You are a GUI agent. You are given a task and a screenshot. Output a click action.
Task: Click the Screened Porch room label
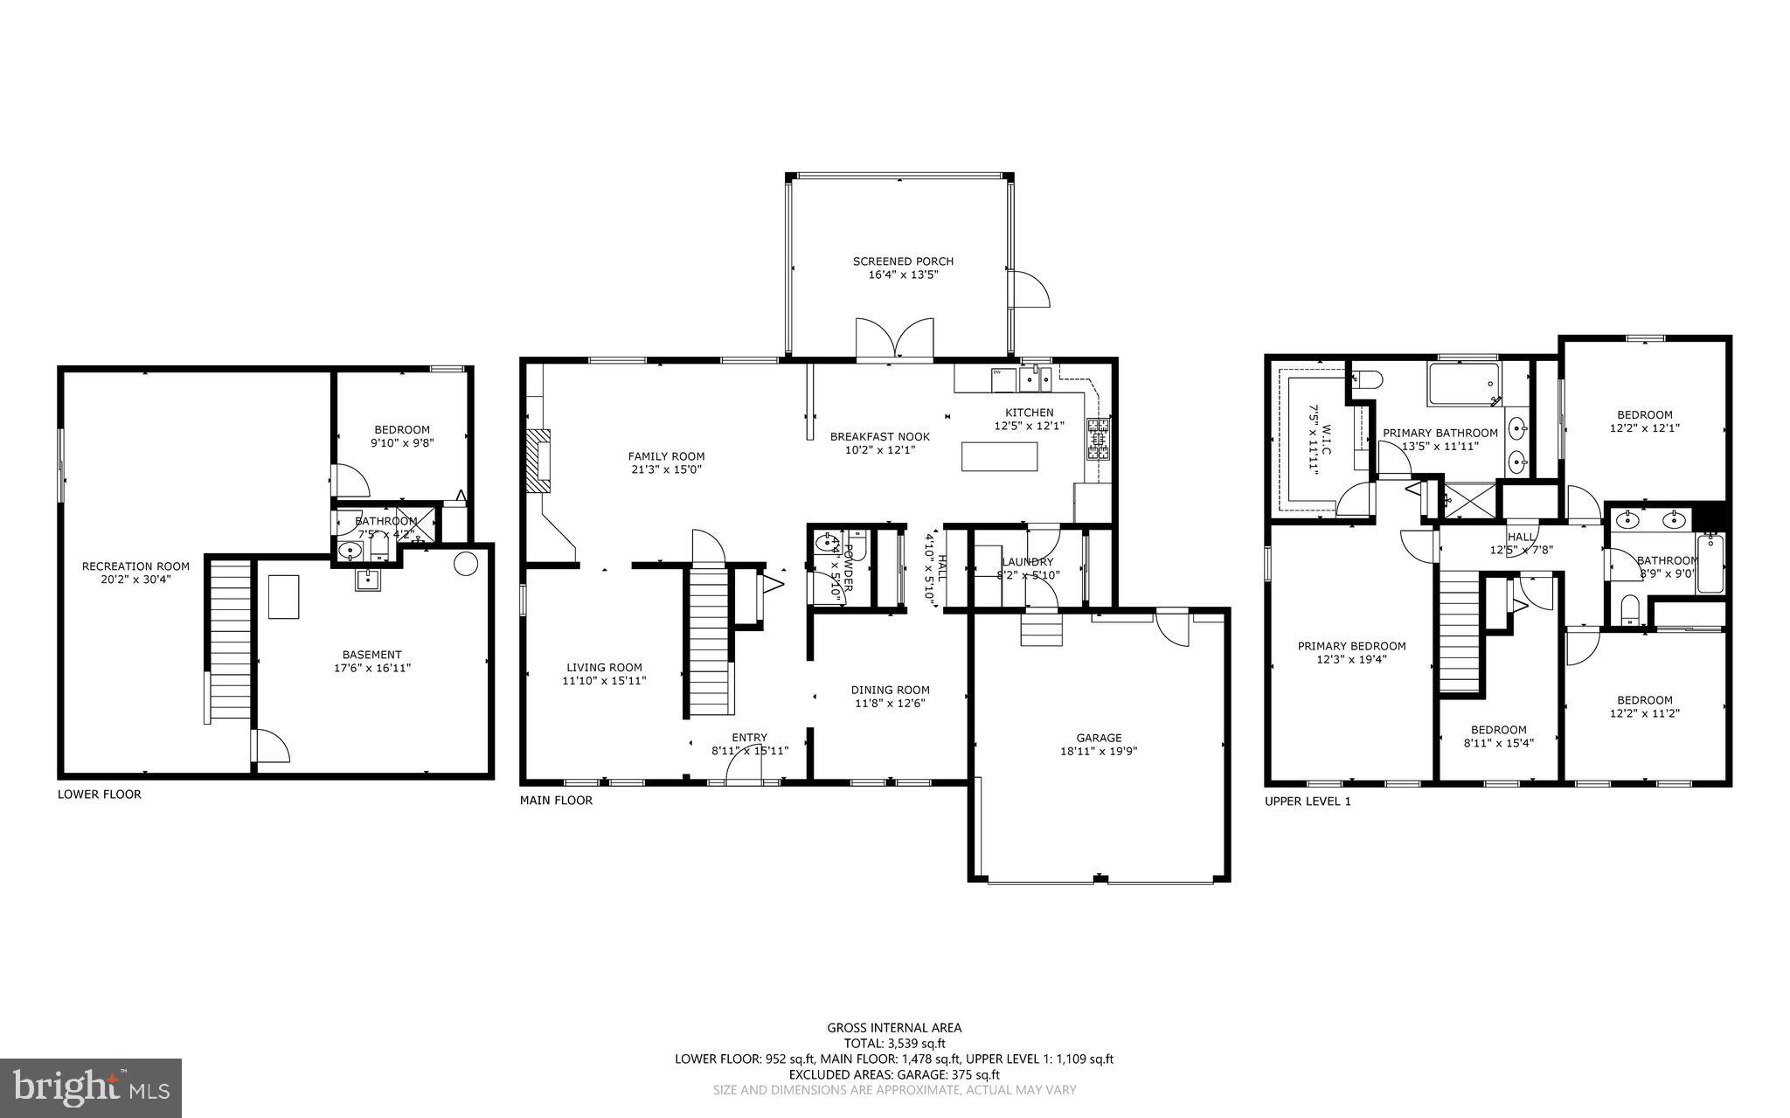903,261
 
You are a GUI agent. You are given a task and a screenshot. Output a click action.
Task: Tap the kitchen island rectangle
1000,457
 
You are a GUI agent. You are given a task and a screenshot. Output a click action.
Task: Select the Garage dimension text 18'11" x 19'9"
1098,751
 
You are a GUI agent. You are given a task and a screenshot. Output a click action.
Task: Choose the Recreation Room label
135,566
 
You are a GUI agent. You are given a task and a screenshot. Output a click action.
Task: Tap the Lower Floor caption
99,795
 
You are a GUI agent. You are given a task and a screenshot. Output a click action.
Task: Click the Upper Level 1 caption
1308,801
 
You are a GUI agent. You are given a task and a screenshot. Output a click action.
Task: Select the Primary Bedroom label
1351,646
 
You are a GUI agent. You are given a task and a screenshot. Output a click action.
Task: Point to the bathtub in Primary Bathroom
1464,385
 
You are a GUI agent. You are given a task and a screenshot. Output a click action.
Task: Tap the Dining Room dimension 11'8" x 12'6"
890,703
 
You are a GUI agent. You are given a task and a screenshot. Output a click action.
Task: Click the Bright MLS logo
90,1087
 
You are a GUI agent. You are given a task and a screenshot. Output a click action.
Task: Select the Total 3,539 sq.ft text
894,1043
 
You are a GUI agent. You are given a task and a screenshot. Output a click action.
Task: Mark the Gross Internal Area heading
894,1028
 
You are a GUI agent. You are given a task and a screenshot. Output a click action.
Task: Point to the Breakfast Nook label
879,437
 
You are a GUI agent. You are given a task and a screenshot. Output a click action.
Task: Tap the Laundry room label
1027,562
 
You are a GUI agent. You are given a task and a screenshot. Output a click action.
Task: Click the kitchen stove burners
1099,440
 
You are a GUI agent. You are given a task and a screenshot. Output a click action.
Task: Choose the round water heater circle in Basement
466,563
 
